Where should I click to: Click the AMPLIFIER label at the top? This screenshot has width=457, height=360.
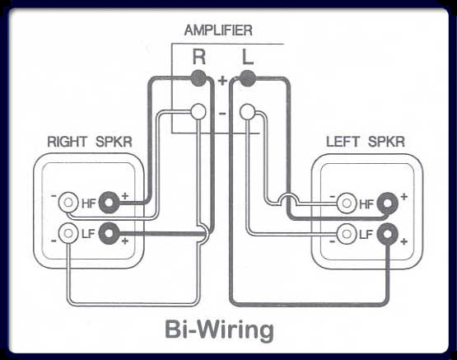pos(218,30)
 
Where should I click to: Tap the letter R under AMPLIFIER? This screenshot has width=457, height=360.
pos(199,57)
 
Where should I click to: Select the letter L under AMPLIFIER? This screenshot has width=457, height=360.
pos(248,57)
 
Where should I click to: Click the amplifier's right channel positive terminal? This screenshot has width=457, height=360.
pos(198,78)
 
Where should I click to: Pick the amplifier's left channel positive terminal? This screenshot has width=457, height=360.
pos(248,78)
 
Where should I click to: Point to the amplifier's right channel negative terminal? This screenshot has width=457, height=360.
pos(198,112)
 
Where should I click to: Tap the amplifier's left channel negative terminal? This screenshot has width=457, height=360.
pos(247,112)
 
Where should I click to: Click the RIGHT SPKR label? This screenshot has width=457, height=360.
pos(90,142)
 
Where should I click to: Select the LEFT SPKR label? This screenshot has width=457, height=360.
pos(366,142)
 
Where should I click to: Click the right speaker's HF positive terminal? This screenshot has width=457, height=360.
pos(109,203)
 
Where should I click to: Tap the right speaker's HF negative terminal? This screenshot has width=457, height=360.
pos(68,203)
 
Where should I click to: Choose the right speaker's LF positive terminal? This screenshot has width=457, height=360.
pos(109,233)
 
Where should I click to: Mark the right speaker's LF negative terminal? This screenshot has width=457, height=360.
pos(68,233)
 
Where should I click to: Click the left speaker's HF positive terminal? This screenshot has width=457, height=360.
pos(387,203)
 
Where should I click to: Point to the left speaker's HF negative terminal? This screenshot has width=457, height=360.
pos(347,203)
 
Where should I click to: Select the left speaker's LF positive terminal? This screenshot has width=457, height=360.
pos(387,234)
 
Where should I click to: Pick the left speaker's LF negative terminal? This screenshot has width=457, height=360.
pos(347,234)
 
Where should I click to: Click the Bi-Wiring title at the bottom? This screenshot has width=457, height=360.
pos(219,330)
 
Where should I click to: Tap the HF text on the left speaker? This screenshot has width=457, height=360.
pos(366,204)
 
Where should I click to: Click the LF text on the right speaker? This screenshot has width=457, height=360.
pos(88,233)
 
